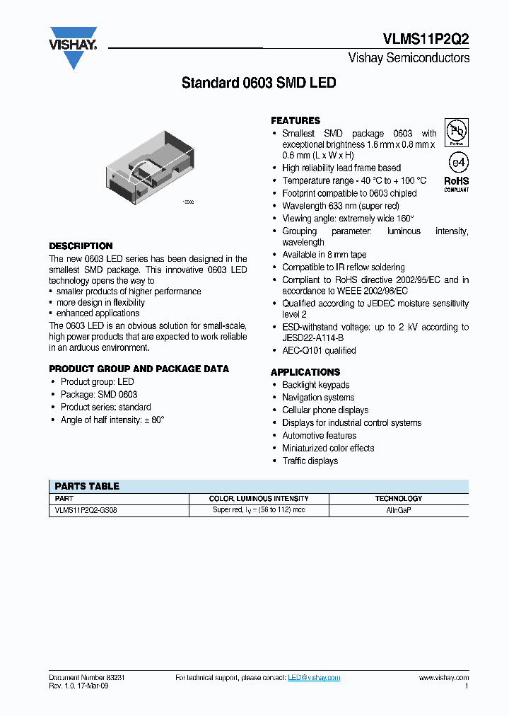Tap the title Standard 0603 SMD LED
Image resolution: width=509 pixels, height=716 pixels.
(x=259, y=83)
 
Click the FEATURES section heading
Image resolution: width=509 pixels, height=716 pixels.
(x=296, y=120)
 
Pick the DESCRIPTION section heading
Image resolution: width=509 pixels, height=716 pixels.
(x=81, y=246)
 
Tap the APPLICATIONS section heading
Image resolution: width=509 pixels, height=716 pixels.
(x=305, y=371)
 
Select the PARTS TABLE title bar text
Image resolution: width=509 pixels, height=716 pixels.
(x=87, y=486)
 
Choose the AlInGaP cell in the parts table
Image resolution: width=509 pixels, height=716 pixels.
(x=399, y=509)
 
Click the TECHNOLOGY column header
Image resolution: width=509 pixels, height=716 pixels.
(x=398, y=498)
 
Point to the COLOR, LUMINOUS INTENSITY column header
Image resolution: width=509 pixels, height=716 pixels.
(x=259, y=498)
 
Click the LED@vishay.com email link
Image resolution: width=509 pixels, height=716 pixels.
(x=314, y=678)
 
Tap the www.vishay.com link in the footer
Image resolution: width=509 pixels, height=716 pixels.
(x=443, y=678)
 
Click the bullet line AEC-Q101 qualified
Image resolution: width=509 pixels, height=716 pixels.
(x=319, y=350)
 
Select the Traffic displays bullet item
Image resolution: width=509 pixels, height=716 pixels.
(x=310, y=461)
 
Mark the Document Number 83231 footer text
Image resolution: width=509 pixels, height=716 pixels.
(x=87, y=678)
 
